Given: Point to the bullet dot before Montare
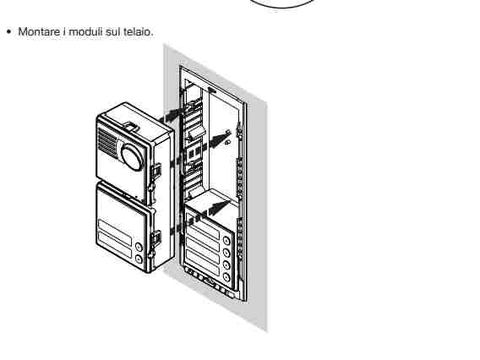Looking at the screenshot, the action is (x=9, y=31).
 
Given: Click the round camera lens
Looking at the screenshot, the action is (x=132, y=156).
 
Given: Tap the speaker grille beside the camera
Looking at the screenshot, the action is (x=106, y=142).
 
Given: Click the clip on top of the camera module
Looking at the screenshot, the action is (x=131, y=126).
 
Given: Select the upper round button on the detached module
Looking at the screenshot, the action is (x=139, y=247).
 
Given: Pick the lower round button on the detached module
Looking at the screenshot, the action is (x=139, y=259).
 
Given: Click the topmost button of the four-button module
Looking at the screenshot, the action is (x=226, y=241).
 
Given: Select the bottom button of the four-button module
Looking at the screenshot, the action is (x=226, y=277).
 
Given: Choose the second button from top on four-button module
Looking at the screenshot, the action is (x=226, y=253).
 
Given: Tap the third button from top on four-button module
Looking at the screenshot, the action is (x=226, y=265).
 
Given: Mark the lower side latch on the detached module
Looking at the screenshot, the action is (x=155, y=239).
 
